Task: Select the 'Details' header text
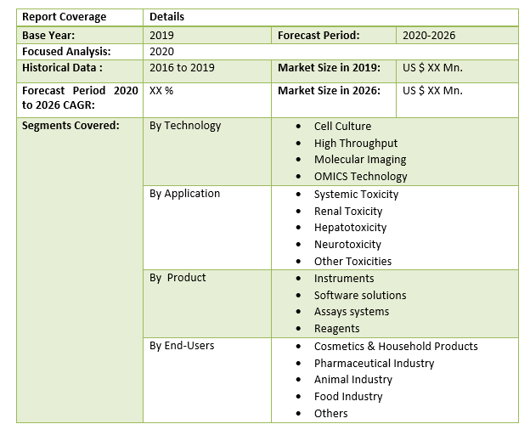pyautogui.click(x=166, y=17)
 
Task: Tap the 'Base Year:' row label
pyautogui.click(x=48, y=35)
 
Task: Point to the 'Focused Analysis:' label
pyautogui.click(x=66, y=51)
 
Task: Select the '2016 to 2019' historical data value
pyautogui.click(x=182, y=68)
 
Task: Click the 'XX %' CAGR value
pyautogui.click(x=161, y=91)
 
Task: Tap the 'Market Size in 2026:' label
pyautogui.click(x=329, y=91)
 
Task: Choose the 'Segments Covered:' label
pyautogui.click(x=70, y=126)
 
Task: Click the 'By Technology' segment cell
pyautogui.click(x=185, y=126)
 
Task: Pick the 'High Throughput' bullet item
pyautogui.click(x=355, y=144)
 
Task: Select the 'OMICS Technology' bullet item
pyautogui.click(x=360, y=177)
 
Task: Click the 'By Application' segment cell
pyautogui.click(x=184, y=194)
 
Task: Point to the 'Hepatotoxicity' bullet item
pyautogui.click(x=350, y=228)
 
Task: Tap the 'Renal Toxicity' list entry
pyautogui.click(x=348, y=211)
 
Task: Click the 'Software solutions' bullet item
pyautogui.click(x=360, y=295)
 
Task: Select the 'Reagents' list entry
pyautogui.click(x=336, y=329)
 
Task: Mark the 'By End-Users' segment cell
pyautogui.click(x=182, y=346)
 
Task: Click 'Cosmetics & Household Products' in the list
pyautogui.click(x=396, y=346)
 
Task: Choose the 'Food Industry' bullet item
pyautogui.click(x=348, y=397)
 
